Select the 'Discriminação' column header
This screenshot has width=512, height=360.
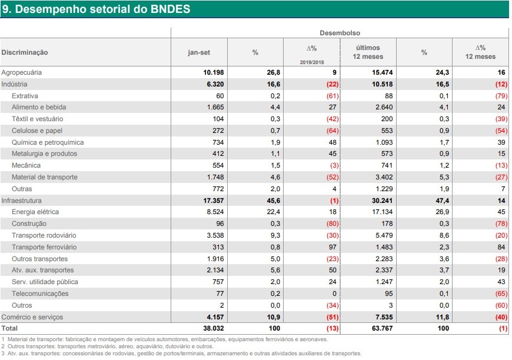pos(25,52)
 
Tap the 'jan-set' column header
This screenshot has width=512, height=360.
pos(199,52)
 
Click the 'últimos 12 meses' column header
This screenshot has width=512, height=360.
pos(368,52)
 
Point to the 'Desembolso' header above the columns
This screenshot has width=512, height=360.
pos(340,33)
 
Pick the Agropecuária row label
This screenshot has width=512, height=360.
pos(22,72)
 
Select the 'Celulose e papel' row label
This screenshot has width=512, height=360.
pos(37,131)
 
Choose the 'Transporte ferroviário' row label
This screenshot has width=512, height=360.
pos(44,247)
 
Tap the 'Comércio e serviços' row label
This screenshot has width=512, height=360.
pos(32,317)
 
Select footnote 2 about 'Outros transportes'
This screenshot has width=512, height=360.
pos(108,346)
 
